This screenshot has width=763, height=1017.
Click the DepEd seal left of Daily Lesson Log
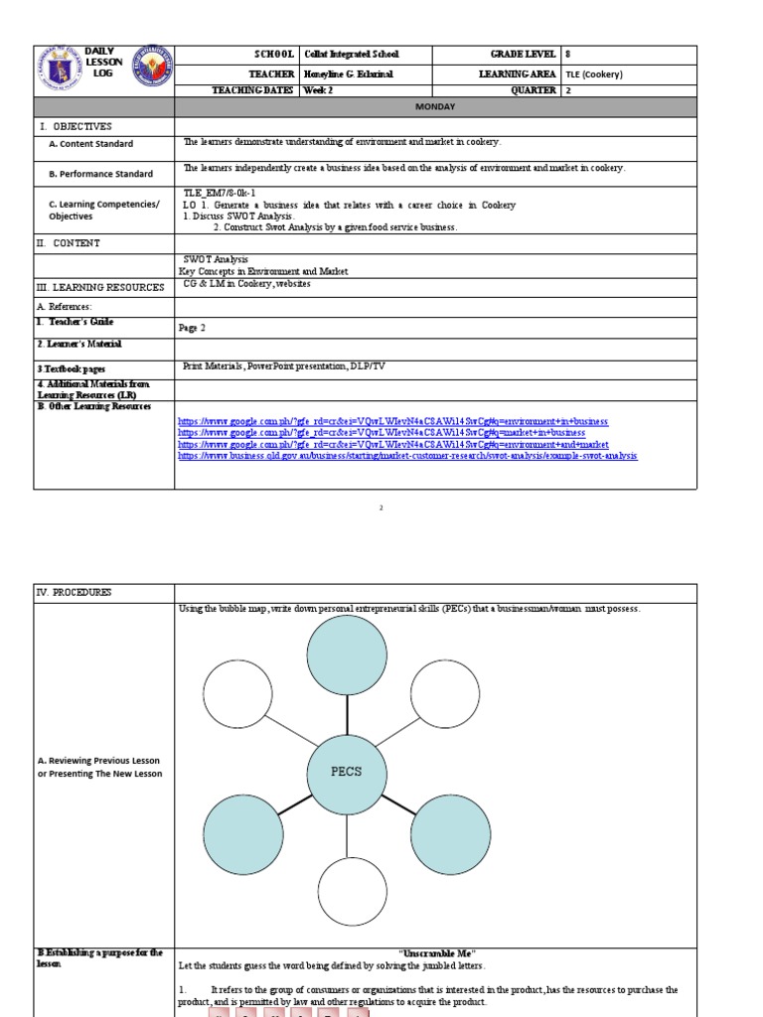(x=60, y=70)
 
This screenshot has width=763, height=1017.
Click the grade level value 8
(x=567, y=55)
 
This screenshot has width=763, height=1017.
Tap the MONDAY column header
(x=435, y=105)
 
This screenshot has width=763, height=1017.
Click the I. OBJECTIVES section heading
(x=76, y=126)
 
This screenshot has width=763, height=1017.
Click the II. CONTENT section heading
(x=69, y=242)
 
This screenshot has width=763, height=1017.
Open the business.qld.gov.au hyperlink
(x=407, y=456)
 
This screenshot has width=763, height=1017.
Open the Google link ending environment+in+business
(x=392, y=421)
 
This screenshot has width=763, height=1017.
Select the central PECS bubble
(x=347, y=771)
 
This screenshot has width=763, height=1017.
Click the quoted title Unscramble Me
(x=434, y=953)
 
